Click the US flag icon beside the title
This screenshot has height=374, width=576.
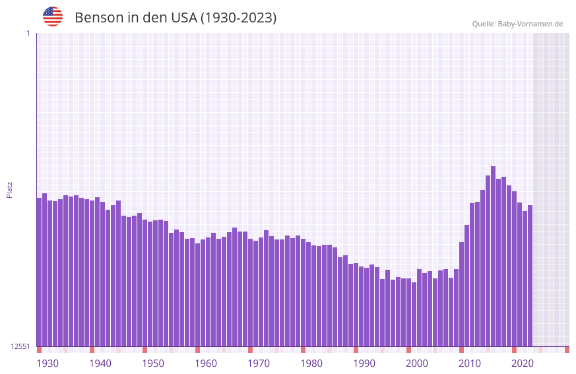[x=53, y=16]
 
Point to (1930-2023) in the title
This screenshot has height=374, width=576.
[x=238, y=18]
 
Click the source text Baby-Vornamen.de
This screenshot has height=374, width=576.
[x=530, y=24]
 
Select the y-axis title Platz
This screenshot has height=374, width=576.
[x=9, y=190]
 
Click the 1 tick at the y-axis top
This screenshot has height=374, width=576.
[x=28, y=33]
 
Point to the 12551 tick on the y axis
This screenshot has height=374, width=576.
[x=20, y=346]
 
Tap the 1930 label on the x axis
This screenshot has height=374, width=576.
[x=48, y=363]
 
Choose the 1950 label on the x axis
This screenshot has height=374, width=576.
[x=153, y=363]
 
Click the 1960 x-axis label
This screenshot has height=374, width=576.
[x=206, y=363]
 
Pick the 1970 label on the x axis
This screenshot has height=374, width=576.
[x=259, y=363]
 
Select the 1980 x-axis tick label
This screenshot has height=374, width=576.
[x=311, y=363]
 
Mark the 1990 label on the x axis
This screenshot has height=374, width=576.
[x=364, y=363]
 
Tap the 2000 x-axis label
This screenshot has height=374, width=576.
[x=417, y=363]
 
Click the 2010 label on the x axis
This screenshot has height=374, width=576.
[x=470, y=363]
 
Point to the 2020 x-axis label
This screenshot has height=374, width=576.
[x=523, y=363]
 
